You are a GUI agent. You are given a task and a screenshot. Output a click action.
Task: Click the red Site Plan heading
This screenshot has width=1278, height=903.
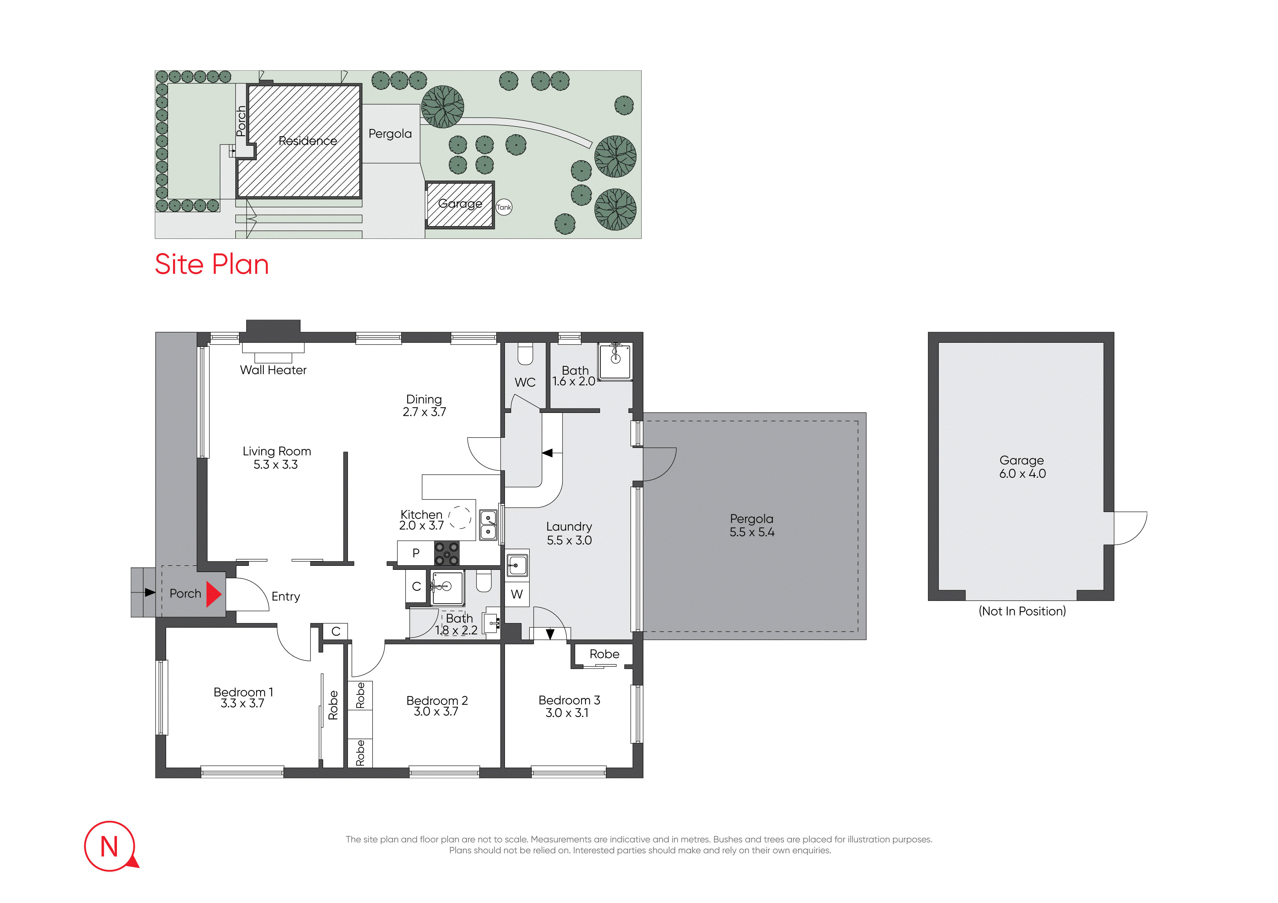[x=212, y=264]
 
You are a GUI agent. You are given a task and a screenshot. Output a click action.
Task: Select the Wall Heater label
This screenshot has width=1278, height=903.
[x=273, y=370]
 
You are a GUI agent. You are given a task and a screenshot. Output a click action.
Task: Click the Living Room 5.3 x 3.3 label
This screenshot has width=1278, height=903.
[x=277, y=458]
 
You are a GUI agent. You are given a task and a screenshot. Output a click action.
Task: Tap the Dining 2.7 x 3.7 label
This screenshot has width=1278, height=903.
[x=424, y=406]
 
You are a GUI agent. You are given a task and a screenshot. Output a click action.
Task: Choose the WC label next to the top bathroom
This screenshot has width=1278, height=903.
[x=525, y=382]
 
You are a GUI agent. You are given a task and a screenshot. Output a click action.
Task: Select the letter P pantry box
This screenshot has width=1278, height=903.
[x=416, y=553]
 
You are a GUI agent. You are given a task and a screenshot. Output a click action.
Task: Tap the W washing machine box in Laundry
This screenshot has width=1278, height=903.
[x=517, y=594]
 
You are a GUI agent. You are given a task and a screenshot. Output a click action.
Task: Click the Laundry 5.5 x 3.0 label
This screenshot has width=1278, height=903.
[x=569, y=533]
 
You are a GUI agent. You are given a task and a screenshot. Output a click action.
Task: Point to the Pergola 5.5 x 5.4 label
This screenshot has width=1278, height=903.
[x=752, y=525]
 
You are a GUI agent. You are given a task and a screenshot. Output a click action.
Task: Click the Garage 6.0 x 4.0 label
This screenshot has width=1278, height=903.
[x=1022, y=467]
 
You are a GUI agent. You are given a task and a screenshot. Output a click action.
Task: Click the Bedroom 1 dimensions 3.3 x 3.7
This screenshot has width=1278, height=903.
[x=243, y=703]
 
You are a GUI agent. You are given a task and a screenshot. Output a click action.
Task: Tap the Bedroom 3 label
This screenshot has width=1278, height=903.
[x=569, y=700]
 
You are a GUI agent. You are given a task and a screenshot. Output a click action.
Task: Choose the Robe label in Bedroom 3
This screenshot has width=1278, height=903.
[x=604, y=654]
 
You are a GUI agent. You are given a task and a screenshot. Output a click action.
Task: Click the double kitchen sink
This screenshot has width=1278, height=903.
[x=488, y=525]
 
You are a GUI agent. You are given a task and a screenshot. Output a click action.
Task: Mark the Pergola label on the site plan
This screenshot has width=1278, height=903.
[x=390, y=134]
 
